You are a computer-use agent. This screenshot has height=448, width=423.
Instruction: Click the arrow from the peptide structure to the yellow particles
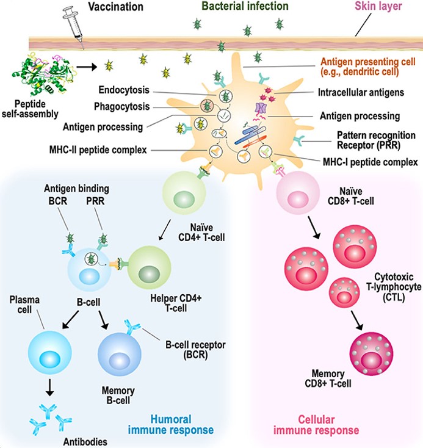tap(88, 66)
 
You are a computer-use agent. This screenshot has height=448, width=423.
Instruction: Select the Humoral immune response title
tap(170, 424)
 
